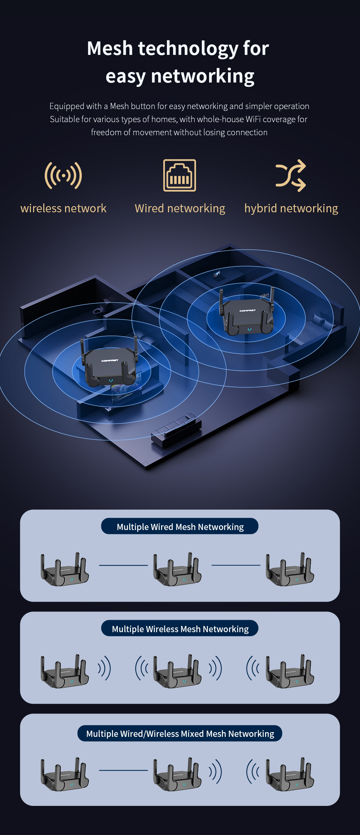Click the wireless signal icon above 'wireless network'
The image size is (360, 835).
coord(63,176)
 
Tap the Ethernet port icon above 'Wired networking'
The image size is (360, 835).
coord(180,175)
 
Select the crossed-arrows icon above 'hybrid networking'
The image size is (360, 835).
coord(291,176)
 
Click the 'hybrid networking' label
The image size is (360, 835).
coord(291,208)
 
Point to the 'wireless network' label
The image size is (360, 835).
coord(63,208)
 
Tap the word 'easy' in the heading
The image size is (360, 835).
coord(125,76)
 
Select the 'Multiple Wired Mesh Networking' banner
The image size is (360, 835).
coord(180,526)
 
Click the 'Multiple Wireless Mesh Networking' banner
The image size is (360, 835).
coord(180,629)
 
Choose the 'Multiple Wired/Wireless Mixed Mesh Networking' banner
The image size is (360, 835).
coord(180,733)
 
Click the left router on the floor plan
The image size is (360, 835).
coord(110,367)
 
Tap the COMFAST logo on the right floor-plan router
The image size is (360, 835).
coord(248,311)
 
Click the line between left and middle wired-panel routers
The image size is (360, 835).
coord(123,565)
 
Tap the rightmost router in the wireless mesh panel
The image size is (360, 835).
coord(290,672)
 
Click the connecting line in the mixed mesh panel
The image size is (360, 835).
coord(123,770)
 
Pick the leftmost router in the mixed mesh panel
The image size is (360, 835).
coord(65,775)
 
